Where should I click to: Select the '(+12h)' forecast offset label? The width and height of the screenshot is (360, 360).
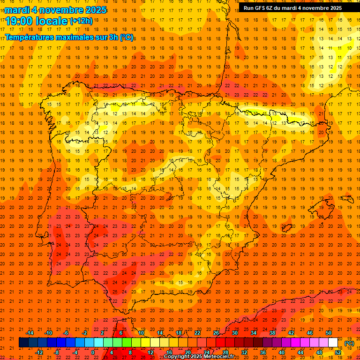click(x=82, y=21)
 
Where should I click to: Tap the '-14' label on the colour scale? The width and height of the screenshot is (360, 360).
click(x=30, y=333)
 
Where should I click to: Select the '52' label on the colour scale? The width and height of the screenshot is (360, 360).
click(x=338, y=352)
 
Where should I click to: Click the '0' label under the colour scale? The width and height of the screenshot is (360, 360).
click(x=92, y=352)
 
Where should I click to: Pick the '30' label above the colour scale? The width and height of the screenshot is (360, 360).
click(x=234, y=333)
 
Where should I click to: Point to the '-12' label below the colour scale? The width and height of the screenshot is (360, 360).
click(x=39, y=352)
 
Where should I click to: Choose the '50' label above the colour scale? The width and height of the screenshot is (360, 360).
click(x=329, y=333)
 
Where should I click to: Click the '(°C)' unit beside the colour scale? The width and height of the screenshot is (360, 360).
click(x=349, y=343)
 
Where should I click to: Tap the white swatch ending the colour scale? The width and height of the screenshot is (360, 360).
click(x=333, y=343)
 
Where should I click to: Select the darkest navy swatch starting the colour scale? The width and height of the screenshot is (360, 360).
click(x=23, y=343)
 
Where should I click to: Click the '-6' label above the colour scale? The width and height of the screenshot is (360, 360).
click(x=66, y=333)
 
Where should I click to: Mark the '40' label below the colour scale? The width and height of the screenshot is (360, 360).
click(x=281, y=352)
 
